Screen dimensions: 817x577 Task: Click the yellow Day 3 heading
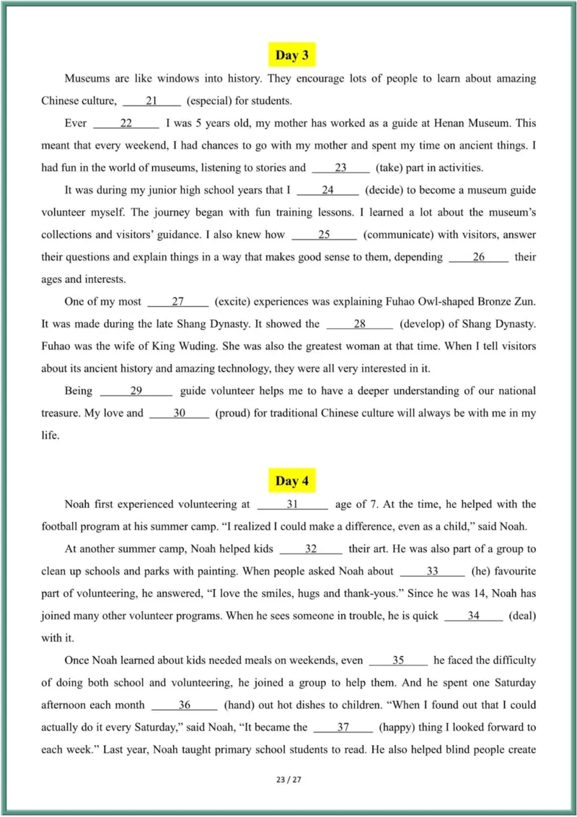pyautogui.click(x=292, y=56)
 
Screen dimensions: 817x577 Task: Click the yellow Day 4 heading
pyautogui.click(x=292, y=481)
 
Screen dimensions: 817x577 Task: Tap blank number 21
pyautogui.click(x=151, y=101)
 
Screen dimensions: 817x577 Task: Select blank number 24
pyautogui.click(x=327, y=191)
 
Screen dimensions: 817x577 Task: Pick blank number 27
pyautogui.click(x=178, y=302)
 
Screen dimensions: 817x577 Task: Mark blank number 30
pyautogui.click(x=180, y=414)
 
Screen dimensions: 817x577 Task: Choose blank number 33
pyautogui.click(x=432, y=571)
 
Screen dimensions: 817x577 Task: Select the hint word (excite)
pyautogui.click(x=235, y=302)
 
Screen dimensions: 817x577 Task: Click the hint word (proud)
pyautogui.click(x=234, y=414)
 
